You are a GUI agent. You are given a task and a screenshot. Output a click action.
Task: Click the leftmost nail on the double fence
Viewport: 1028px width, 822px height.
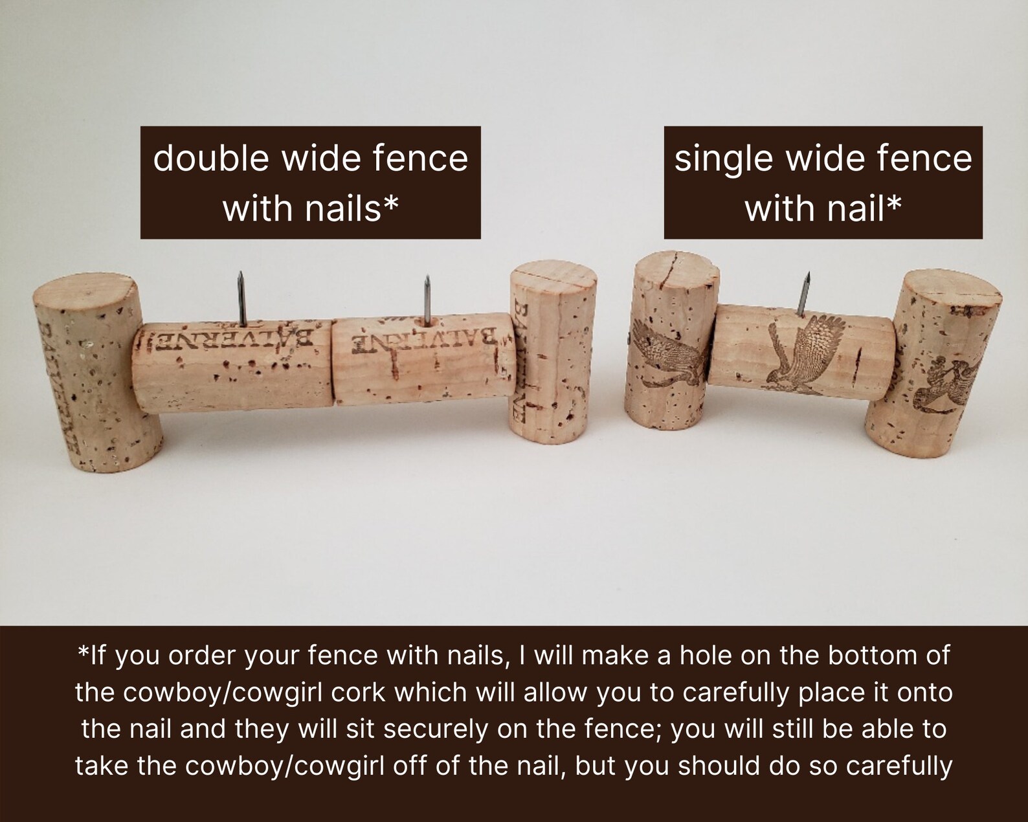[x=241, y=298]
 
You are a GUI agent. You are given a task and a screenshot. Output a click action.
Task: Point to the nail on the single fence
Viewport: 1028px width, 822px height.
[x=805, y=294]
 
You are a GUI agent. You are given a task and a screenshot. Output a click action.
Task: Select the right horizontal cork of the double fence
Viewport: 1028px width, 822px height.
[x=423, y=360]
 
